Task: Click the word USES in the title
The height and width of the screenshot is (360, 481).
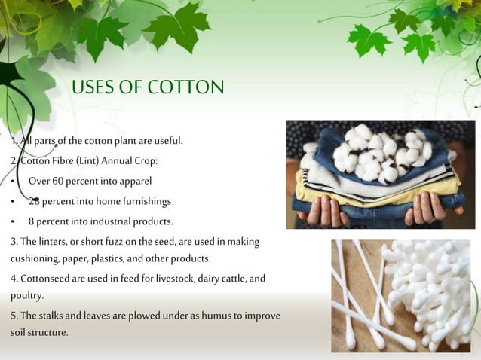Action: point(97,87)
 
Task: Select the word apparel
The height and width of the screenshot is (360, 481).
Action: point(134,181)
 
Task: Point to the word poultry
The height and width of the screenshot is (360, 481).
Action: point(26,295)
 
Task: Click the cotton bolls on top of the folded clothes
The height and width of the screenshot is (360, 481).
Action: point(381,151)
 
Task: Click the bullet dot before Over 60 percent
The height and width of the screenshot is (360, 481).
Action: point(13,182)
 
